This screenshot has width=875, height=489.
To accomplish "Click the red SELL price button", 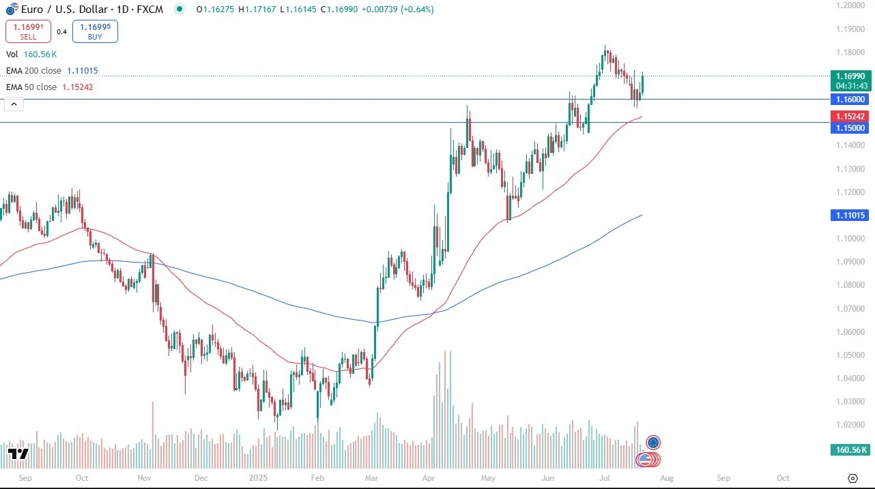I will pyautogui.click(x=28, y=31).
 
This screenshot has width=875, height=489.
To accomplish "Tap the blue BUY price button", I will pyautogui.click(x=95, y=31).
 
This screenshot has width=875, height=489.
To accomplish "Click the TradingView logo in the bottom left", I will pyautogui.click(x=18, y=454).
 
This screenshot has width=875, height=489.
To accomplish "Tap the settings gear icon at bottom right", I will pyautogui.click(x=852, y=478).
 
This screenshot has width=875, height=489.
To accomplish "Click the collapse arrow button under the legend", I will pyautogui.click(x=14, y=104).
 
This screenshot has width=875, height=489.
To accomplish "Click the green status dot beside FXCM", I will pyautogui.click(x=180, y=10).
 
